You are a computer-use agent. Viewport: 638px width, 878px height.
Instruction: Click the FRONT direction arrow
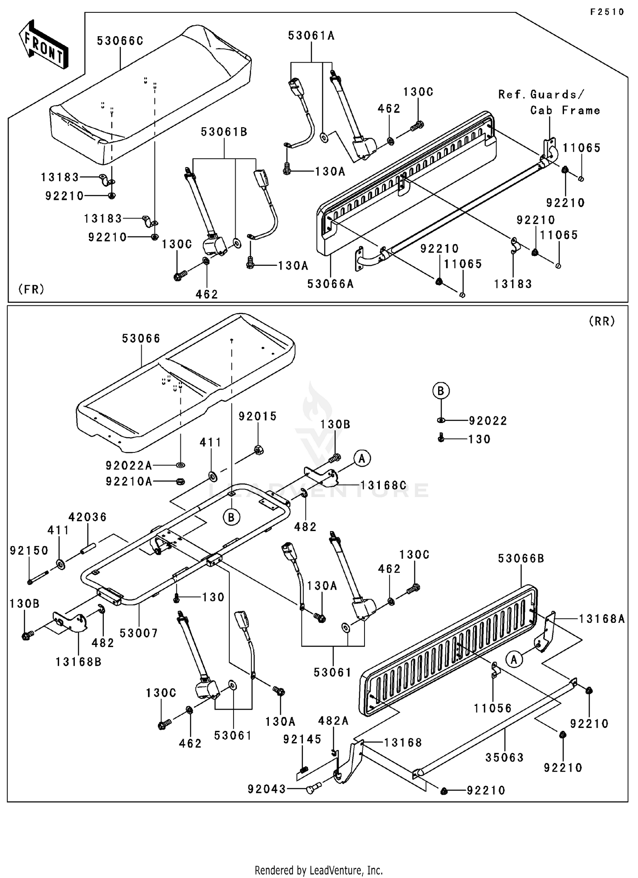[43, 45]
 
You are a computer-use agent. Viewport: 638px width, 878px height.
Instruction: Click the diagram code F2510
[607, 12]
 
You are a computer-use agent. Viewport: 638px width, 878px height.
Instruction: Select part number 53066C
[120, 41]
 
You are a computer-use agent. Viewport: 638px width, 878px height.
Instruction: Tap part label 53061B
[224, 132]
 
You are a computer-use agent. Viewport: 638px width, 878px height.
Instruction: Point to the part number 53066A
[330, 284]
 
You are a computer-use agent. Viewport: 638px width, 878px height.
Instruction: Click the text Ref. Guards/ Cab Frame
[549, 102]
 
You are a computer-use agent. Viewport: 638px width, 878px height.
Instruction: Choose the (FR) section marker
[31, 289]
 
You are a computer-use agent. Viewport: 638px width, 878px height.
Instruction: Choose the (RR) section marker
[602, 321]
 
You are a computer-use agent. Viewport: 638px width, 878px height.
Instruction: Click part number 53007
[139, 633]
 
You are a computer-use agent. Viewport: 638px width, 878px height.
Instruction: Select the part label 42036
[88, 517]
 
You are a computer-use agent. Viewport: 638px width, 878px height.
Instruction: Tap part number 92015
[257, 416]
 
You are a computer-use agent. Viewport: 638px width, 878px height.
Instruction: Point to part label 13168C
[384, 485]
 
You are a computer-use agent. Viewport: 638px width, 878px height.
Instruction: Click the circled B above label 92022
[441, 390]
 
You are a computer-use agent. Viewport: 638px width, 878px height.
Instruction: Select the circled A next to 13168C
[362, 458]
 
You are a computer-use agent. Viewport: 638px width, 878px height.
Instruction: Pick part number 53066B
[521, 558]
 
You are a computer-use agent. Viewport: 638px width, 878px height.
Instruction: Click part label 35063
[505, 757]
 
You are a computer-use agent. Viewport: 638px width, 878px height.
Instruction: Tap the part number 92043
[267, 789]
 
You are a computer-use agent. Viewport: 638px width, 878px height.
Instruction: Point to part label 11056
[493, 708]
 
